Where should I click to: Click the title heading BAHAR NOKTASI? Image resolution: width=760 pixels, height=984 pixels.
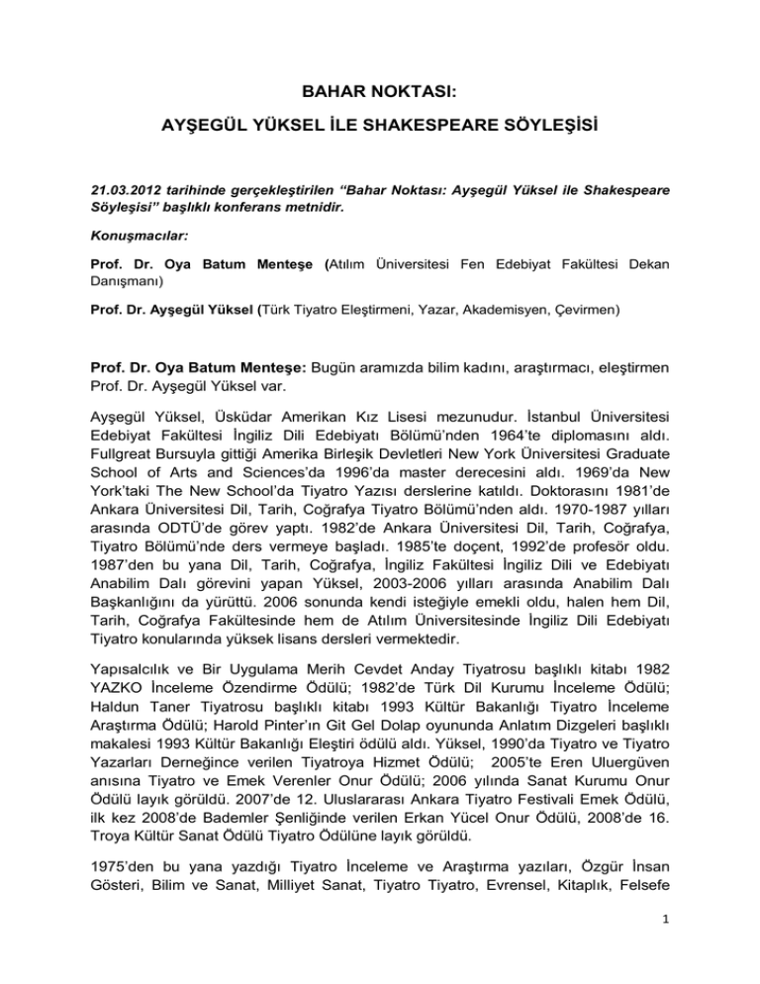tap(379, 94)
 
